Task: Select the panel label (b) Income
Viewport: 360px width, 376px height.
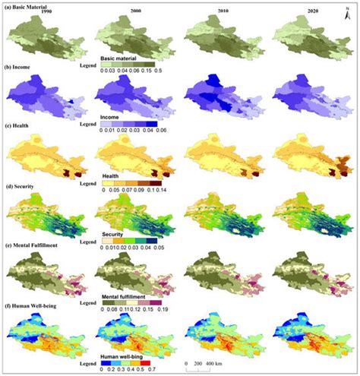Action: click(x=22, y=68)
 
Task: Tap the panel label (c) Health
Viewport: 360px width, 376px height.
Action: click(x=21, y=126)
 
